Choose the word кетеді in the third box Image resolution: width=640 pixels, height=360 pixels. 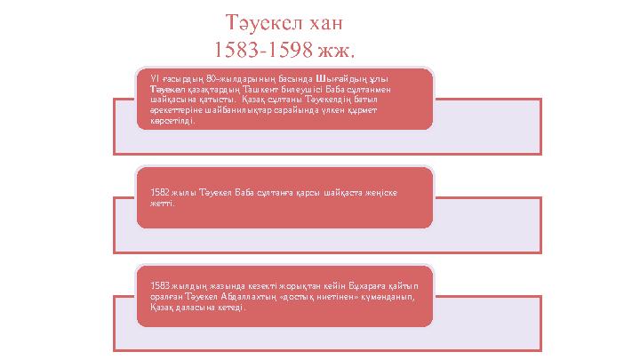point(228,309)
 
